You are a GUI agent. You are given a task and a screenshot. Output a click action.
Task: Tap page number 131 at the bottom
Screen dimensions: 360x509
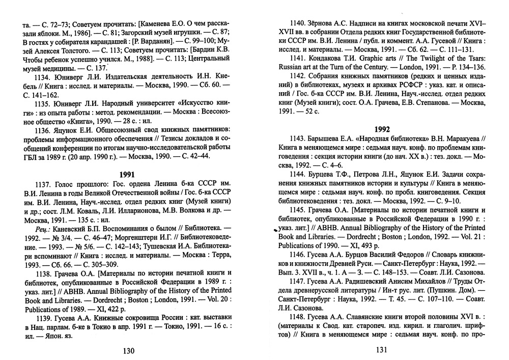381,350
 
